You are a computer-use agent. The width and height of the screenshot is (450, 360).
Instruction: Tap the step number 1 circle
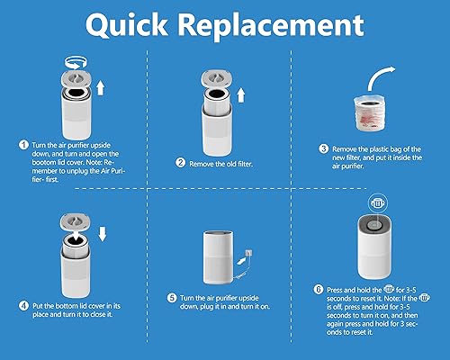pos(23,144)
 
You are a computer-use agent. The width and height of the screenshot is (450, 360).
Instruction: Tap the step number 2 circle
pos(181,163)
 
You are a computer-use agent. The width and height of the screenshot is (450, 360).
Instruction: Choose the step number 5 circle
pos(171,298)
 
